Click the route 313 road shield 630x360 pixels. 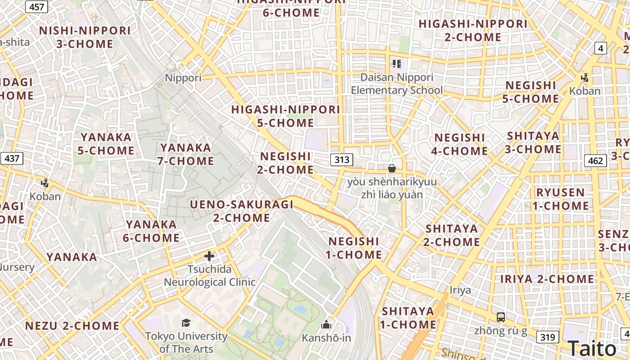(x=342, y=159)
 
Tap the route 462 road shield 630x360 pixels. (x=595, y=161)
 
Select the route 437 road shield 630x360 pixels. (x=12, y=158)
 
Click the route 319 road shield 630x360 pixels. (x=548, y=337)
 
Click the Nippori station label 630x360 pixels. (x=183, y=78)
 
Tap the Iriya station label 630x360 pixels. (x=460, y=290)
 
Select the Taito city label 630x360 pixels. (x=592, y=348)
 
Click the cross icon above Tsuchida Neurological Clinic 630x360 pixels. (x=209, y=256)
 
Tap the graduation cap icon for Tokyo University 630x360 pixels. (x=186, y=323)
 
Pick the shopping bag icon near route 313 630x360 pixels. (x=392, y=168)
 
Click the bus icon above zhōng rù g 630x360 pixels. (x=501, y=317)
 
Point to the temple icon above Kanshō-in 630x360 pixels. (x=326, y=324)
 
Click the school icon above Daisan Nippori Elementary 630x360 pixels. (x=396, y=63)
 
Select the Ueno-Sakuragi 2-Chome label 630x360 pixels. (x=242, y=211)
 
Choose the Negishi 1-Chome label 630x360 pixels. (x=354, y=248)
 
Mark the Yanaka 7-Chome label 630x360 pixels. (x=185, y=154)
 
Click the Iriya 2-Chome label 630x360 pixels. (x=547, y=279)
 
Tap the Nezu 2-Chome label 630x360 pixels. (x=72, y=326)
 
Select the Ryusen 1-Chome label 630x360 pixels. (x=561, y=199)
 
